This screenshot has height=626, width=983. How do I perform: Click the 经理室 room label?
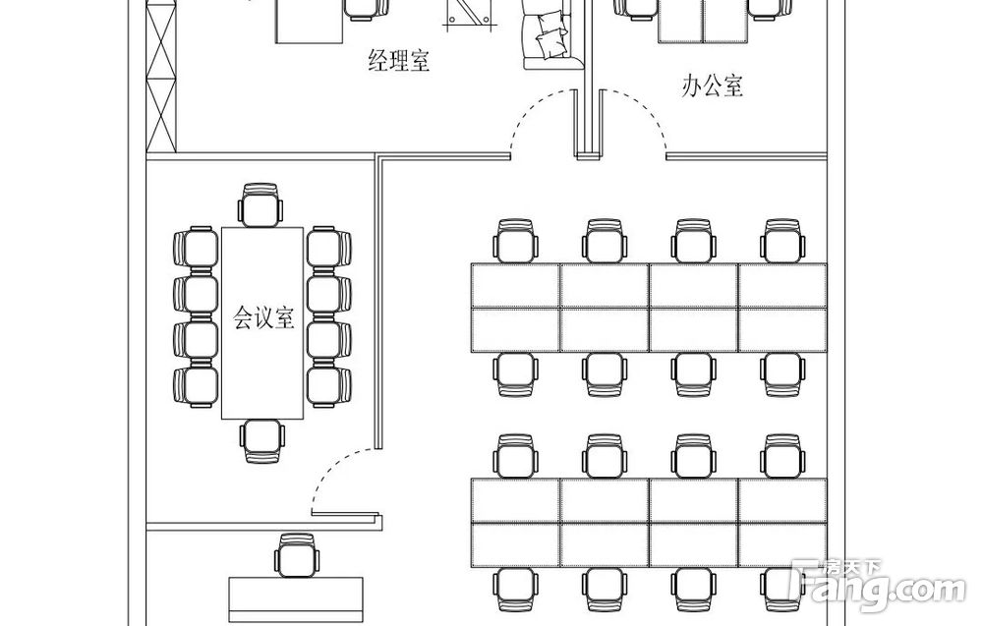[x=399, y=62]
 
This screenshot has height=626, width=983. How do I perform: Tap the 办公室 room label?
[x=713, y=85]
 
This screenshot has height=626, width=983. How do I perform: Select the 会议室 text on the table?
[x=262, y=317]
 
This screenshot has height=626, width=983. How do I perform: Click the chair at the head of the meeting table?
[x=260, y=204]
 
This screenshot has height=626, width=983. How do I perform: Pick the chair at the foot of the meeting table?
[x=262, y=441]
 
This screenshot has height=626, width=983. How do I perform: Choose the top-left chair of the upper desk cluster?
[x=517, y=240]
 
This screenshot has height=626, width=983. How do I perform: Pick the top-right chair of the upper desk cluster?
[x=782, y=240]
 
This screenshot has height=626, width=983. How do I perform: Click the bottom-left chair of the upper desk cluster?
[x=517, y=374]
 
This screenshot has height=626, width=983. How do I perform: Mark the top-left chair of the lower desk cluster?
[x=517, y=456]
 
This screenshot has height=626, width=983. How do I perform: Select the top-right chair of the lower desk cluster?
[x=782, y=456]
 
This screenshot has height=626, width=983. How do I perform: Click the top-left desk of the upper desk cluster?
[x=516, y=285]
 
